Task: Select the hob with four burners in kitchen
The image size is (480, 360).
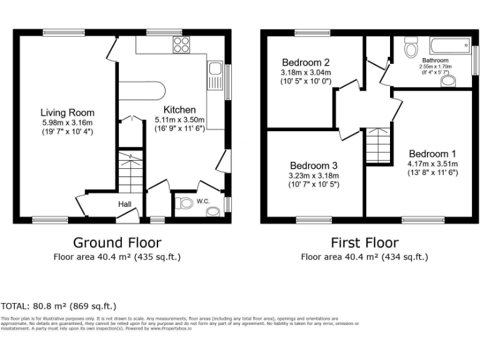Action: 181,44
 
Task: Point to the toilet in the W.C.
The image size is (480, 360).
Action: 184,203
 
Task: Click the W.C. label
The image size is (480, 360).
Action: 203,201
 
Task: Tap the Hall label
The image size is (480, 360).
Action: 125,204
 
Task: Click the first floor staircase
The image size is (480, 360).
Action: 377,145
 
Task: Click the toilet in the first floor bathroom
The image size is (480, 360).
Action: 411,47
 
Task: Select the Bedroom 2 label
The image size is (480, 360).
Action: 306,62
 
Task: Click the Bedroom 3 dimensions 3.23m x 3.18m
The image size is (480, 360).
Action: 313,176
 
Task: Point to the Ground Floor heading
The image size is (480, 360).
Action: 117,242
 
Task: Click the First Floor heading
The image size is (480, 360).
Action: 364,242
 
